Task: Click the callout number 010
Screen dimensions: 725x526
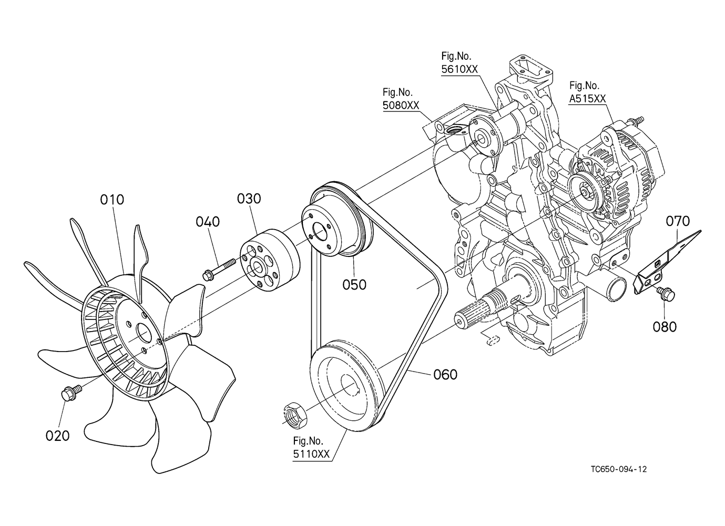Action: [112, 200]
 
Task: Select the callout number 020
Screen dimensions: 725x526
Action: [58, 436]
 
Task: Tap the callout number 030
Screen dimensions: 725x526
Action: [249, 199]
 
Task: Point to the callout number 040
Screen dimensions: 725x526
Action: [208, 222]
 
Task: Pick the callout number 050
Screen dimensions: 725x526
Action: [354, 285]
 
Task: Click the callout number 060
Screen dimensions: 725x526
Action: [445, 375]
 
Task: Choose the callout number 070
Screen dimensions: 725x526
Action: [678, 221]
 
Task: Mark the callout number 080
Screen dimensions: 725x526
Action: [665, 327]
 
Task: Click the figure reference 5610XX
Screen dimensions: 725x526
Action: [459, 69]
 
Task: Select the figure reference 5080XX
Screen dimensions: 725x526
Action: [401, 105]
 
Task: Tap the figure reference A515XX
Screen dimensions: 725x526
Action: [587, 98]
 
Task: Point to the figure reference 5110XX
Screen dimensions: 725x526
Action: [311, 454]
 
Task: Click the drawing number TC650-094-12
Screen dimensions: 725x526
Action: [618, 469]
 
